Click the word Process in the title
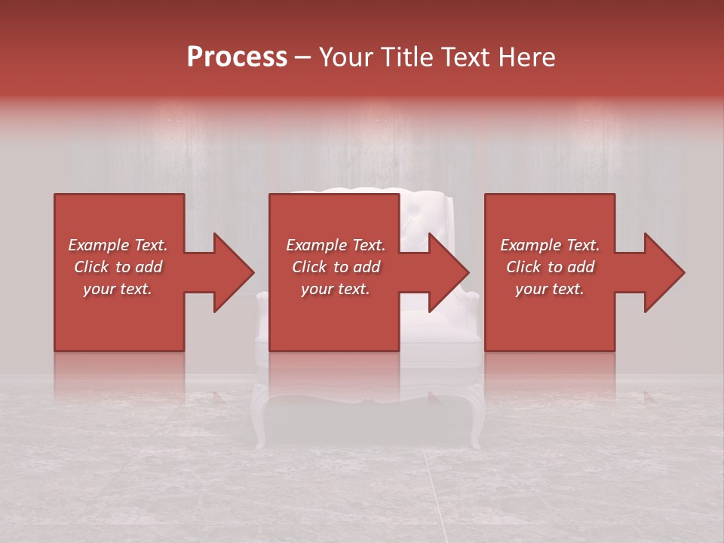pos(237,57)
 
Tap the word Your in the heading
pos(347,57)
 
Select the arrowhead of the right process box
pos(664,273)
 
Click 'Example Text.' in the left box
pos(118,245)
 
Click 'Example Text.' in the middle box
pos(336,245)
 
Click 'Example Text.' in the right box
pos(550,245)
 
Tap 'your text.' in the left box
pos(118,289)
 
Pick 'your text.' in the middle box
pos(336,289)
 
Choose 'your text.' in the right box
pos(550,289)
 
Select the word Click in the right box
pos(523,267)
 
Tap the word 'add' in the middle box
pos(367,267)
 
